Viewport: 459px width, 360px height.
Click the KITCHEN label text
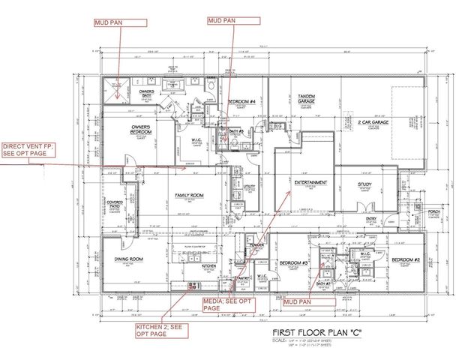[208, 265]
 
